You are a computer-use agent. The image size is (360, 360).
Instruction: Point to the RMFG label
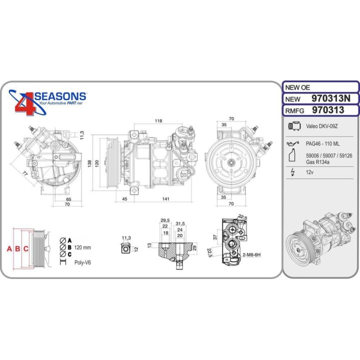[296, 110]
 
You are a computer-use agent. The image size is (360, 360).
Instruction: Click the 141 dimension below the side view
[165, 199]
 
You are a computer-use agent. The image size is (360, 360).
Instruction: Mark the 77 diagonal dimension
[23, 173]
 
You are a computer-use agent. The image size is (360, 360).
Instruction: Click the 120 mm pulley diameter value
[83, 247]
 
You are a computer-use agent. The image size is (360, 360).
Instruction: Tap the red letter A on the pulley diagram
[8, 248]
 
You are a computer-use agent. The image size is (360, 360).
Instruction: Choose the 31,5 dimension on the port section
[180, 223]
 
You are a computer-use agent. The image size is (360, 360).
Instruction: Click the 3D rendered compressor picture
[320, 240]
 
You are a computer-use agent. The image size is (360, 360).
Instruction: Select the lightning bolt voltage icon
[292, 172]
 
